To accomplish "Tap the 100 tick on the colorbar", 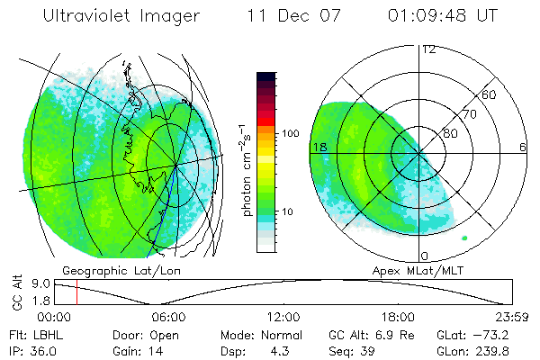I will (x=290, y=133).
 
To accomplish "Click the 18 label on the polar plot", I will (x=318, y=147).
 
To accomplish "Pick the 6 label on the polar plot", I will (x=523, y=147).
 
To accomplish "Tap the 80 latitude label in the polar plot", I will (x=450, y=132).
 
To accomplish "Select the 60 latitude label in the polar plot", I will (x=489, y=94).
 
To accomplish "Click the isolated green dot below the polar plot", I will (x=464, y=238).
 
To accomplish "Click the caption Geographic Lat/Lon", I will (x=107, y=270).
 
